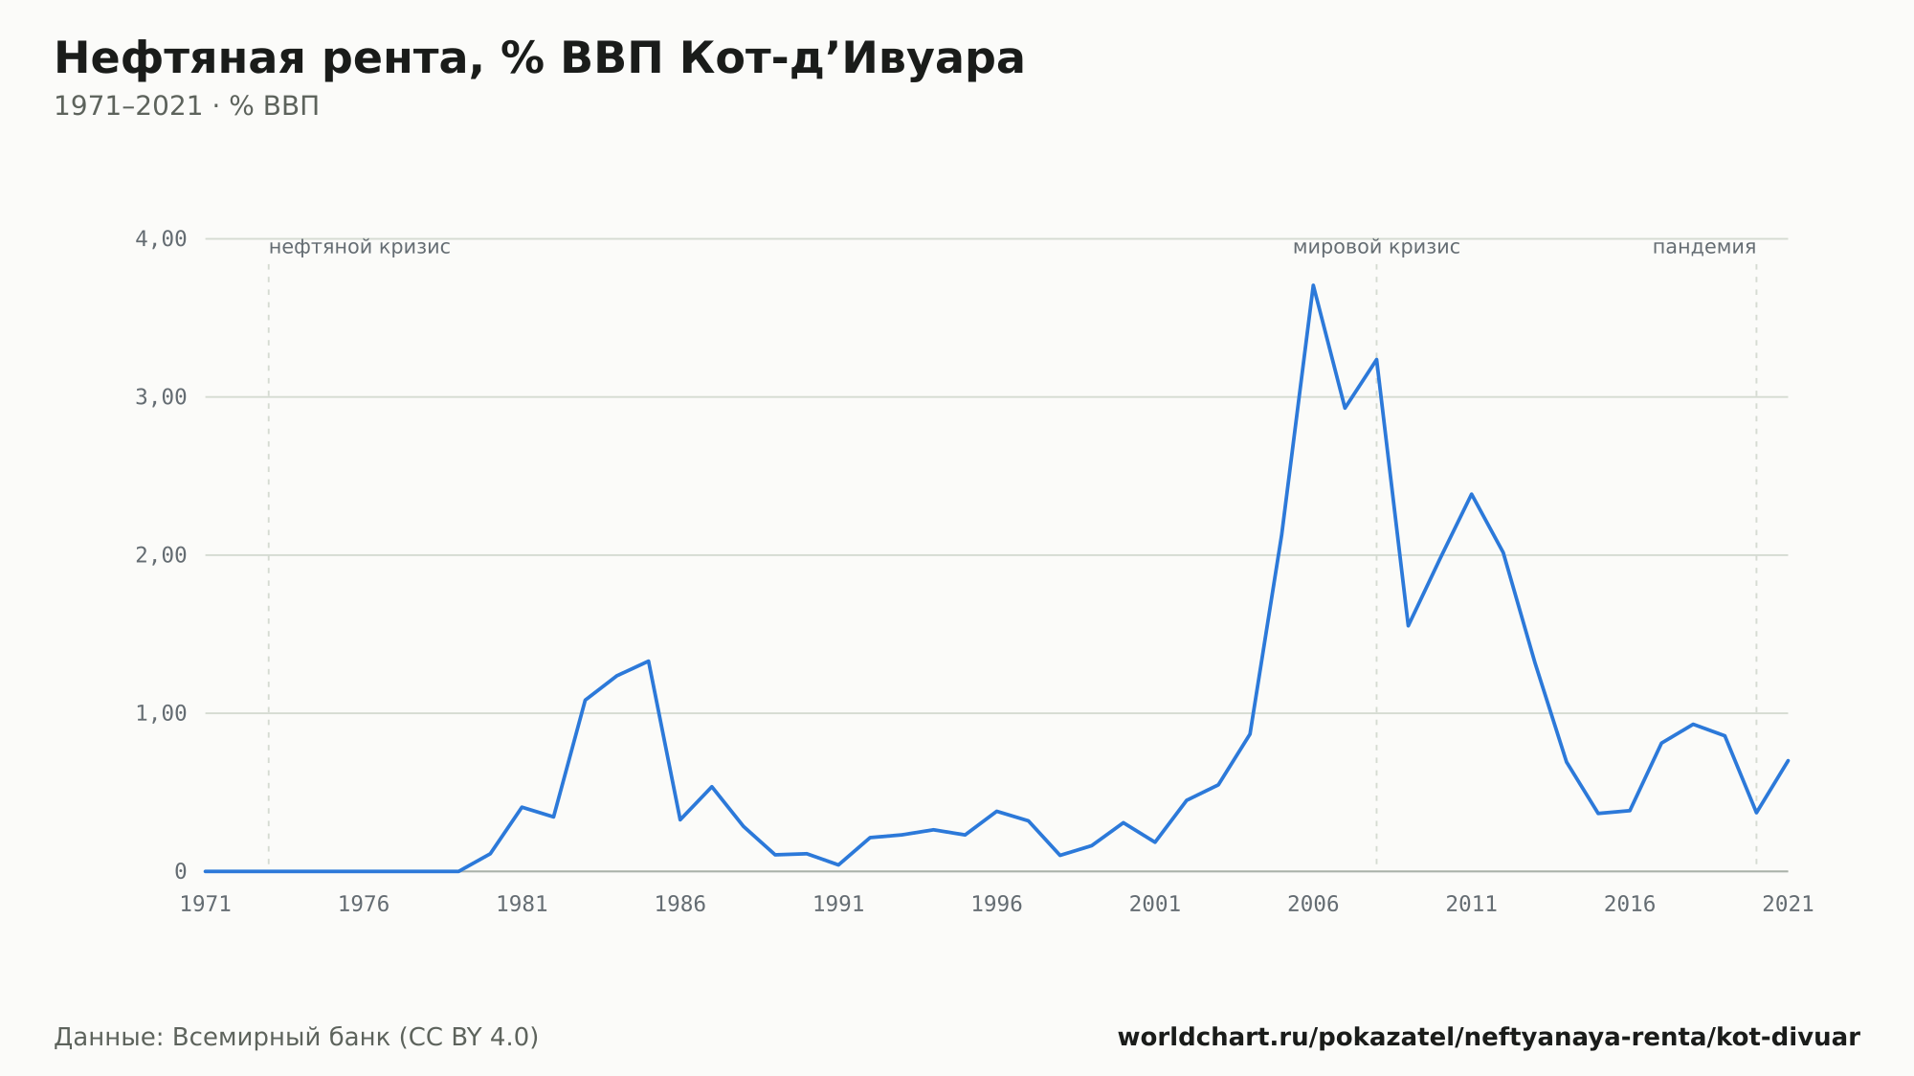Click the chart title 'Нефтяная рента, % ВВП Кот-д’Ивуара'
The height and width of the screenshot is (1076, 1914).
[x=539, y=58]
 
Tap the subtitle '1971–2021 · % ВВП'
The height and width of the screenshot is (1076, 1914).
[x=187, y=106]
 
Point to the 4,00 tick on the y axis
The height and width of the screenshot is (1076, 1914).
[x=161, y=238]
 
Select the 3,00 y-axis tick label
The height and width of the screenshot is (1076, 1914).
[x=161, y=396]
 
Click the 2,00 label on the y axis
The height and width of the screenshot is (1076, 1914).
[x=161, y=555]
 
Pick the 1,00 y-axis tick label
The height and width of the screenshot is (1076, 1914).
[x=161, y=713]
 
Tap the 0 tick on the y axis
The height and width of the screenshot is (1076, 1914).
[x=180, y=871]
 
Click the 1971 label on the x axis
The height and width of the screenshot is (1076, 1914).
[x=206, y=905]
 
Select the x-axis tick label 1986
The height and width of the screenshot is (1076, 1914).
[x=680, y=905]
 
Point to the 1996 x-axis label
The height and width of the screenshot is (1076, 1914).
[x=997, y=905]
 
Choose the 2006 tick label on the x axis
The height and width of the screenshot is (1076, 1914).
[x=1313, y=905]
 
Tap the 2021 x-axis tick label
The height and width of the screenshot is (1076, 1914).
[x=1788, y=905]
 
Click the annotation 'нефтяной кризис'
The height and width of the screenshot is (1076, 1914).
[x=360, y=247]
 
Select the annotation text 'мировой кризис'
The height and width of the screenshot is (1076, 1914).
[x=1376, y=247]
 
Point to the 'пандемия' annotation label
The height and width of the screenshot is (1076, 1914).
[x=1704, y=247]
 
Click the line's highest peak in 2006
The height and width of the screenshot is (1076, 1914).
[x=1313, y=285]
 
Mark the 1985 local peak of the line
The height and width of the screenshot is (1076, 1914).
[x=649, y=661]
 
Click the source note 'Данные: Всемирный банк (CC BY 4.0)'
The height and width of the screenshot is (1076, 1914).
[x=297, y=1038]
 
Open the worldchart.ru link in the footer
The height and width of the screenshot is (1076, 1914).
[x=1489, y=1038]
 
